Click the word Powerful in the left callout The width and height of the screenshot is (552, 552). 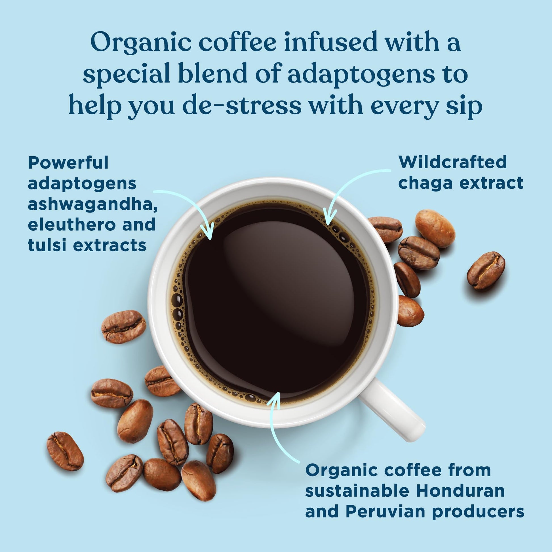click(68, 163)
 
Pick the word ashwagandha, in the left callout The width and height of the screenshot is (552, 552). click(93, 204)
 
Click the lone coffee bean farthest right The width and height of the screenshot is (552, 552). click(486, 271)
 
